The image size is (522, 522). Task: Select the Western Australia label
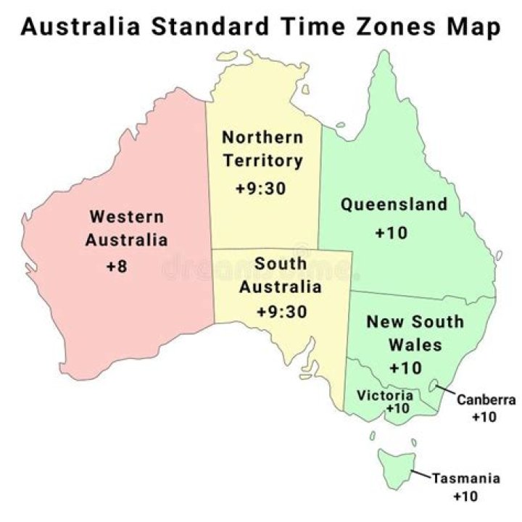point(126,228)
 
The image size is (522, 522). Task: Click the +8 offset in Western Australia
point(116,266)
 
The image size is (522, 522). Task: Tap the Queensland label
point(394,204)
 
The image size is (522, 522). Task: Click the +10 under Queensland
point(391,233)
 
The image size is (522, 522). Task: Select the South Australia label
point(281,275)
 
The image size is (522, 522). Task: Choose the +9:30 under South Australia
point(281,312)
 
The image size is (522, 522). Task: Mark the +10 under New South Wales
point(405,368)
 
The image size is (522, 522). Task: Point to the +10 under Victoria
point(398,409)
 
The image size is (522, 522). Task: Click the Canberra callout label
point(486,399)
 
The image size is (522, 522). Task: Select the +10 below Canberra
point(484,418)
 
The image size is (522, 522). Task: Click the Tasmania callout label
point(466,478)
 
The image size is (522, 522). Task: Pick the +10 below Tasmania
point(465,497)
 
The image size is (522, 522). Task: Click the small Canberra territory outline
point(436,386)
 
